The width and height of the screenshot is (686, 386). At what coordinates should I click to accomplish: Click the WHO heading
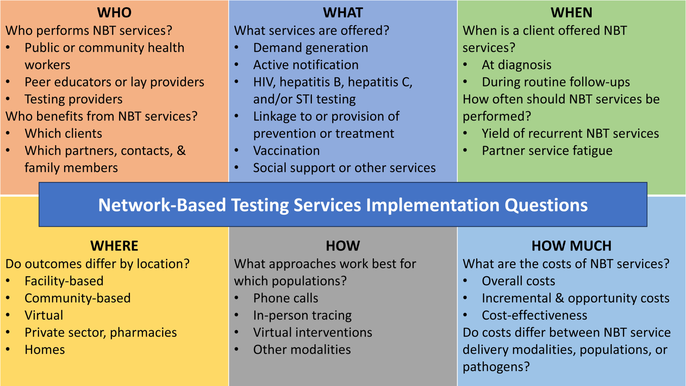(x=114, y=13)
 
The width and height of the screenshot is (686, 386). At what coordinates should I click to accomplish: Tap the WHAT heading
(x=343, y=13)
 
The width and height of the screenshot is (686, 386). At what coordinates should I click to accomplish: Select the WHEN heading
(x=571, y=13)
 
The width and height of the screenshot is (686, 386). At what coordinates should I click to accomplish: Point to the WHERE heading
(x=114, y=246)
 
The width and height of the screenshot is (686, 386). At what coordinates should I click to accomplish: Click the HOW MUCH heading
(x=571, y=246)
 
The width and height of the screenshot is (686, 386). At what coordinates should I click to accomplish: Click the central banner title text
(x=343, y=205)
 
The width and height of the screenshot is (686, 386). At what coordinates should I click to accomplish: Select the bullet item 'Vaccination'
(x=287, y=151)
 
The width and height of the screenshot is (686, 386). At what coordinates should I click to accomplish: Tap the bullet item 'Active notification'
(x=306, y=65)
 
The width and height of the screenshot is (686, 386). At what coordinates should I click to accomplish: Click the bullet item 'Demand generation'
(x=311, y=48)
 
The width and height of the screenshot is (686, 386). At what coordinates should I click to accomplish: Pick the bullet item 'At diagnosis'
(x=517, y=65)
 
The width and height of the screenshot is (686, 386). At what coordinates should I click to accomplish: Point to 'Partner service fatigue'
(x=547, y=151)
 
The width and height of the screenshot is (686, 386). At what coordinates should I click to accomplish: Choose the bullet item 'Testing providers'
(x=74, y=99)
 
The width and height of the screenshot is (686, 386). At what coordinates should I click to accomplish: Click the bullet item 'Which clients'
(x=63, y=134)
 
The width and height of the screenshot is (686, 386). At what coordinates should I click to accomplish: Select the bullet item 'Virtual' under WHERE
(x=44, y=315)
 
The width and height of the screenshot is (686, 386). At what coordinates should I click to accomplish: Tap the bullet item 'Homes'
(x=45, y=350)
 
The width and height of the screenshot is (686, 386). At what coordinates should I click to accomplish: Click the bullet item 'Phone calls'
(x=286, y=298)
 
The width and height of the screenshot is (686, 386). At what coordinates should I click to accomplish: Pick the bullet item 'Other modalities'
(x=302, y=350)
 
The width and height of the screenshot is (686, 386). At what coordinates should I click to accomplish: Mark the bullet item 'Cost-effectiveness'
(x=535, y=315)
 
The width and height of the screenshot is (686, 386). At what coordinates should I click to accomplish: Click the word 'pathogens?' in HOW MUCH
(x=496, y=367)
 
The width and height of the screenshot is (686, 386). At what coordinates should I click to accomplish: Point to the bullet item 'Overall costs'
(x=518, y=281)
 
